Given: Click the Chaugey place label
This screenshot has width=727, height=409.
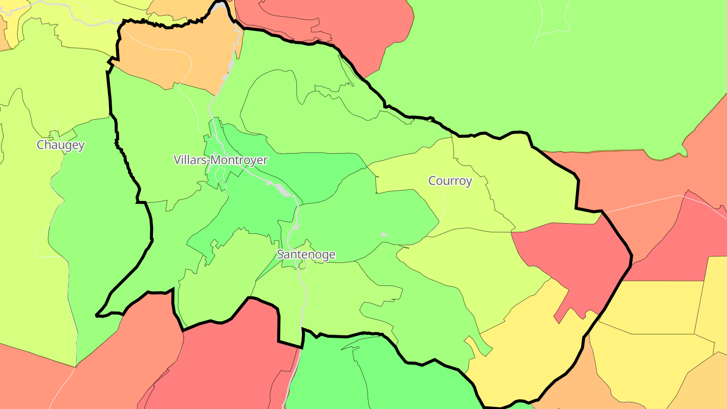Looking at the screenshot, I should pyautogui.click(x=61, y=145).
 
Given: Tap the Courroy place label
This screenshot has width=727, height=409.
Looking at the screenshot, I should pyautogui.click(x=450, y=181).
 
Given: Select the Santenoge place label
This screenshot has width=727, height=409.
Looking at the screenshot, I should pyautogui.click(x=306, y=254).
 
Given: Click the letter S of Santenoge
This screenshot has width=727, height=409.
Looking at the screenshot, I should pyautogui.click(x=280, y=254).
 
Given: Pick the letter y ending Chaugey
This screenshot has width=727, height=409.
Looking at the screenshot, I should pyautogui.click(x=81, y=146).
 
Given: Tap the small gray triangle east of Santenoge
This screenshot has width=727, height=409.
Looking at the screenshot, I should pyautogui.click(x=384, y=234).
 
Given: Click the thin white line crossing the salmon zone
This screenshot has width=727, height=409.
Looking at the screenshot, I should pyautogui.click(x=646, y=203).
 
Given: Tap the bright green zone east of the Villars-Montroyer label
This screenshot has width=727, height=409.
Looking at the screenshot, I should pyautogui.click(x=313, y=172).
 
